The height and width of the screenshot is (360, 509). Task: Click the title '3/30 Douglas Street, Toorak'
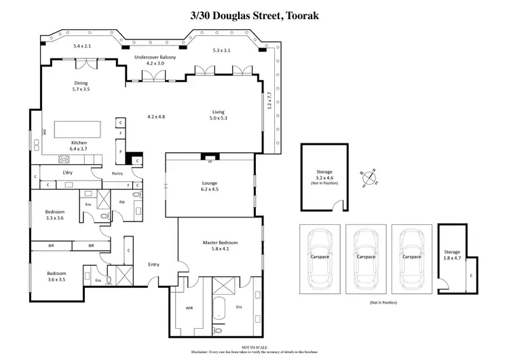(x=254, y=14)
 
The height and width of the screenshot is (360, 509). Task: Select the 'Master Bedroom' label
(x=219, y=242)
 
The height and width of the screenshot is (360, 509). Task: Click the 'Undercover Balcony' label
(x=155, y=58)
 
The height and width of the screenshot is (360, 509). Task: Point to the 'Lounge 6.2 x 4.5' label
(x=210, y=185)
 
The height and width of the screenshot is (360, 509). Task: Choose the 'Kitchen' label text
(x=79, y=143)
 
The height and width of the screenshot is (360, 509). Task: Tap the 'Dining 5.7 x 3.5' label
(x=81, y=86)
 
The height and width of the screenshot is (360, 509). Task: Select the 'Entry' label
(x=154, y=264)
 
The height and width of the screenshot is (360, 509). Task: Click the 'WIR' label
(x=189, y=307)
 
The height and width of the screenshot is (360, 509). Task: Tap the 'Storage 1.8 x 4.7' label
(x=452, y=256)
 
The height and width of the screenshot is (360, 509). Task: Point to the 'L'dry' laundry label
(x=67, y=174)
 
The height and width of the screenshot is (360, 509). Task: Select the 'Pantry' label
(x=117, y=174)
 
